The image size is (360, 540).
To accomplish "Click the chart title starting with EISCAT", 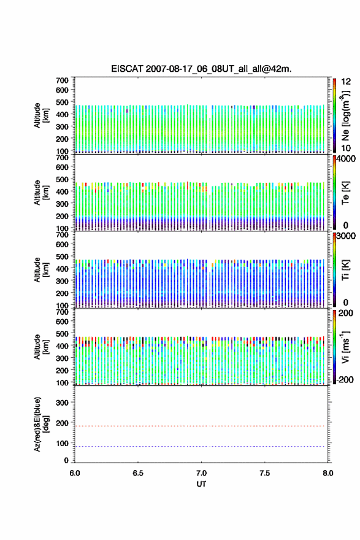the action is [x=201, y=69].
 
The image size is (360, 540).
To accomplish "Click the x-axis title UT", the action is [x=201, y=484].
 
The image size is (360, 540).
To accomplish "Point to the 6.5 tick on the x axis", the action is [x=138, y=473].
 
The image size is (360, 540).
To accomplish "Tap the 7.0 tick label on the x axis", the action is [x=201, y=473].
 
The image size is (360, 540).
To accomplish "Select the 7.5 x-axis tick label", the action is [x=265, y=473].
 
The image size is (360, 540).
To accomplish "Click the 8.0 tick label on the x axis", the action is [x=328, y=473].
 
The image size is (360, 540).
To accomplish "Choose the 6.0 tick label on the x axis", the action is [x=75, y=473].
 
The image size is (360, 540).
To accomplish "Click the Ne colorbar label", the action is [x=346, y=116].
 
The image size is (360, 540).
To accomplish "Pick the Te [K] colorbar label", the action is [x=345, y=193].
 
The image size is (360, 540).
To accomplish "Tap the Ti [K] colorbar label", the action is [x=345, y=270].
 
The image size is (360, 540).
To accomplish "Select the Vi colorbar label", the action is [x=345, y=347].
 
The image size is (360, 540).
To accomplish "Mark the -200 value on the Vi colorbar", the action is [x=343, y=379].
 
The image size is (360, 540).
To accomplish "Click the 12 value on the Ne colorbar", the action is [x=346, y=82].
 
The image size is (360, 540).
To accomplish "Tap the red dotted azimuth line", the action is [x=199, y=426].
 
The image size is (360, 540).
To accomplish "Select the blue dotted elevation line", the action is [x=199, y=446].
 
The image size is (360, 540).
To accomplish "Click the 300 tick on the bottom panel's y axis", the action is [x=62, y=403].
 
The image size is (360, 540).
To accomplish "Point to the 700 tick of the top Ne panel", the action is [x=62, y=80].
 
